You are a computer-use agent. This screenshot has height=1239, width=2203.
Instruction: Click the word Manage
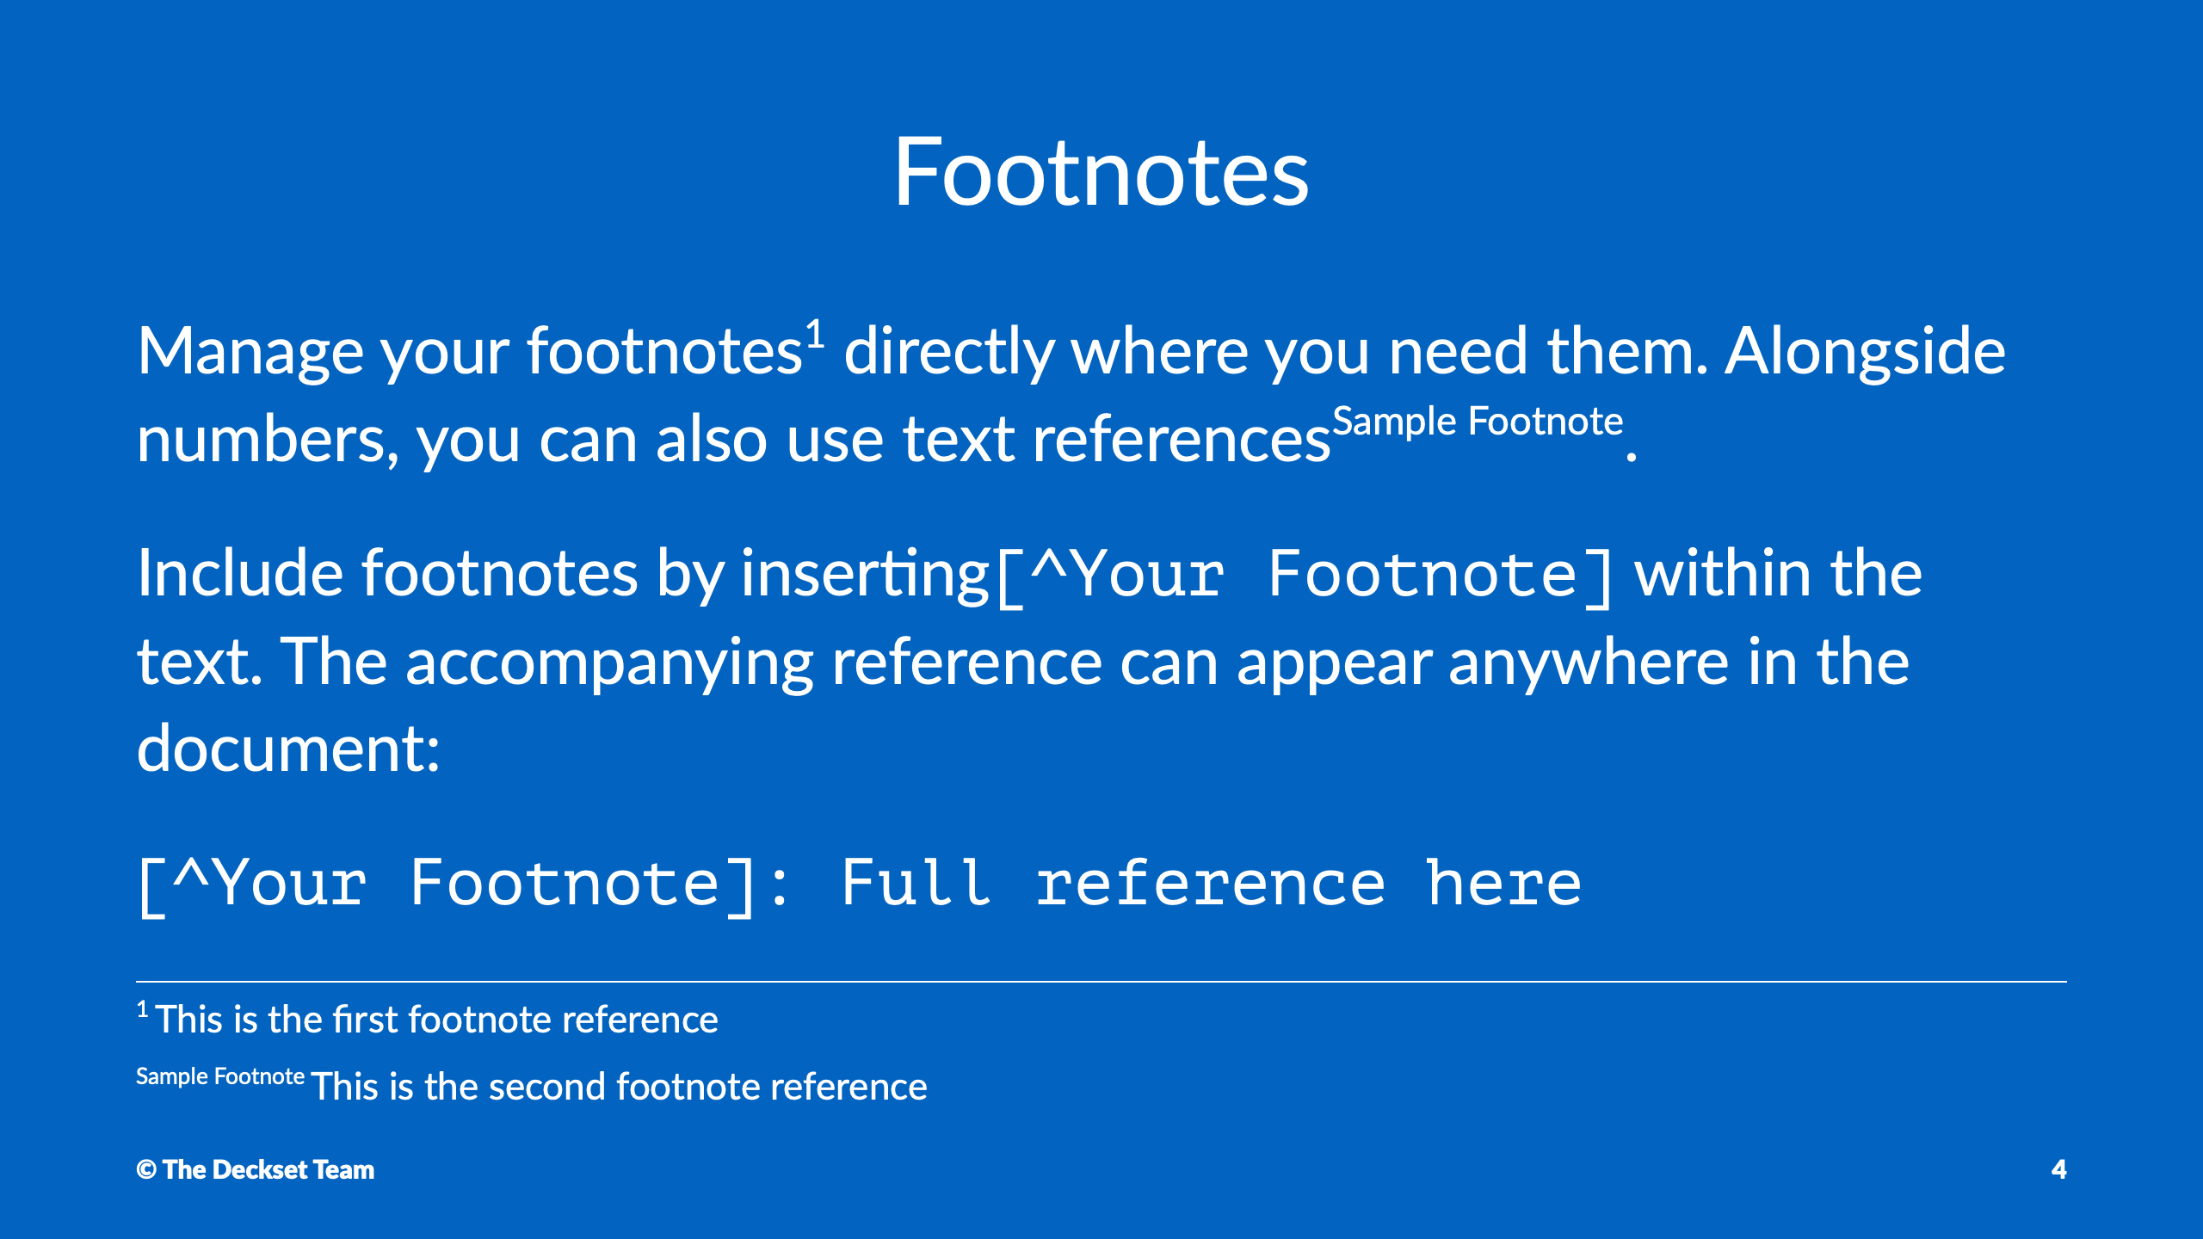(250, 353)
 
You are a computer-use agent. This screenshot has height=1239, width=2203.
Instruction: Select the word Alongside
(1866, 353)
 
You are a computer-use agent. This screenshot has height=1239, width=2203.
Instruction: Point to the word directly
(948, 353)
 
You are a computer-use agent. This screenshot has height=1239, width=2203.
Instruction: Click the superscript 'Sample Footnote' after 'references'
(1478, 422)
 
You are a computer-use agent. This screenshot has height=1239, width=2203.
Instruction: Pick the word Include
(241, 573)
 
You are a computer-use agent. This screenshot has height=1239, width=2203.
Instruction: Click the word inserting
(865, 575)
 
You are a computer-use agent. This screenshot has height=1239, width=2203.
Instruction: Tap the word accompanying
(609, 664)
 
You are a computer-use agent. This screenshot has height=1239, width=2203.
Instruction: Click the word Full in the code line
(916, 883)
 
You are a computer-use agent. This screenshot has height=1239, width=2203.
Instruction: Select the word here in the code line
(1503, 883)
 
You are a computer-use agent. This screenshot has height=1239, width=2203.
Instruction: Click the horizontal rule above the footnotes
(1101, 982)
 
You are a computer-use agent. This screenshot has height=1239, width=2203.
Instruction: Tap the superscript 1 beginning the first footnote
(143, 1009)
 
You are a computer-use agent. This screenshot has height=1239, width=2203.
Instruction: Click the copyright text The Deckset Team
(268, 1170)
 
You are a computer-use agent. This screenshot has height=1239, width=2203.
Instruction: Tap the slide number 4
(2058, 1169)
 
